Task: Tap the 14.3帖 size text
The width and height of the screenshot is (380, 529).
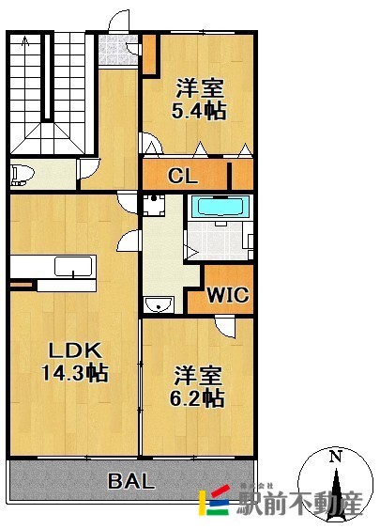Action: [75, 373]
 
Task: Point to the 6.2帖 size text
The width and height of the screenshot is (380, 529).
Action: [198, 399]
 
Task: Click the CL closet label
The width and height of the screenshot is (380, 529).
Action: [182, 176]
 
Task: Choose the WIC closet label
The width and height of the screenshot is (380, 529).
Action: [227, 295]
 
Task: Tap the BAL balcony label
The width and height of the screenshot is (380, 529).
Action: [131, 481]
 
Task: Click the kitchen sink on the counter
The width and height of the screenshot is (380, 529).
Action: [71, 266]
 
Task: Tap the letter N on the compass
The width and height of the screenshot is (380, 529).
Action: [335, 457]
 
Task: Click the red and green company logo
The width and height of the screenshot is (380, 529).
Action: [215, 503]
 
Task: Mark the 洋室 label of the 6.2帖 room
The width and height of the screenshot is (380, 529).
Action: [198, 376]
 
